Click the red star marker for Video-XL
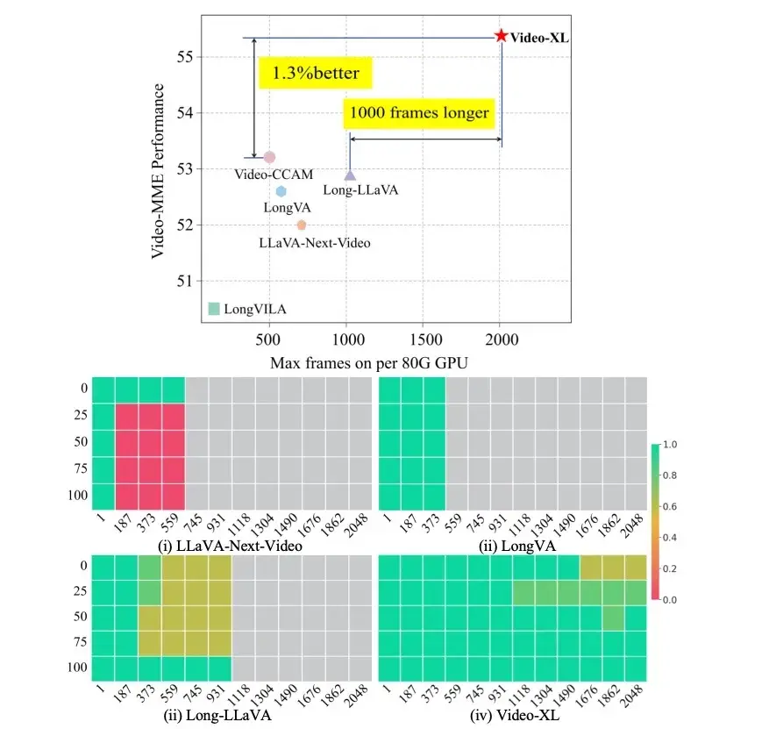pos(501,36)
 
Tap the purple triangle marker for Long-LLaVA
pos(350,175)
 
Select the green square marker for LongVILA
pos(213,308)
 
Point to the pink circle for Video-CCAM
pos(269,157)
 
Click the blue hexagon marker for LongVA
pos(281,191)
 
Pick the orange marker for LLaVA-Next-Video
pos(302,225)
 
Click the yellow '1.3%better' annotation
pos(316,73)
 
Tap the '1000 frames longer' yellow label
pos(419,112)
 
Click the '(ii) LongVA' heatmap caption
pos(513,546)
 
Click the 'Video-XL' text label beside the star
pos(539,37)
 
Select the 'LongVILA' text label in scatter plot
pos(255,309)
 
